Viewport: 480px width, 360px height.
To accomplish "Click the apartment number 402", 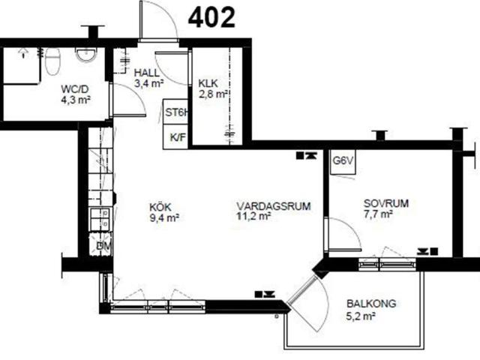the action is coord(211,18).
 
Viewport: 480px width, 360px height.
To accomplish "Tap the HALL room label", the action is coord(147,73).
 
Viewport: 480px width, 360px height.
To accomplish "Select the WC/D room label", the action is coord(75,89).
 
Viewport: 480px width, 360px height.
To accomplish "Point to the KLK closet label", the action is coord(208,83).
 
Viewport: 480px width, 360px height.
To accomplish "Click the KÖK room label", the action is coord(160,207).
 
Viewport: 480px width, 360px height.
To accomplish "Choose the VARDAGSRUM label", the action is coord(274,205).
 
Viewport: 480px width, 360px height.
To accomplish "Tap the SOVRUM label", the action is coord(386,203).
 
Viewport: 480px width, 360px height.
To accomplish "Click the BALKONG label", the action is coord(371,304).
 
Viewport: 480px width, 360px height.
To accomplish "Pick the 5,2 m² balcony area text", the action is coord(361,316).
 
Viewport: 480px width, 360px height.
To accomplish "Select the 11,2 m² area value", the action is coord(253,216).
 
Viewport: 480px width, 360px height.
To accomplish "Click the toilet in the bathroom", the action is coord(52,61).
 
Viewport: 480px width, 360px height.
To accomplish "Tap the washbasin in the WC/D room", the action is coord(85,55).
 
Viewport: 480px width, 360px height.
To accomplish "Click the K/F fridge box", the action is coord(175,136).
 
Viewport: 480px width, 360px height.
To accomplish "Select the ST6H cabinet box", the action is coord(175,112).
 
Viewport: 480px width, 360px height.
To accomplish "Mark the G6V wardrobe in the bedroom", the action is coord(343,162).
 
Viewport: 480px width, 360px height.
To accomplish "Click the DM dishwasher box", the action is coord(101,244).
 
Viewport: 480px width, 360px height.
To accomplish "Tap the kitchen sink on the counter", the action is coord(99,219).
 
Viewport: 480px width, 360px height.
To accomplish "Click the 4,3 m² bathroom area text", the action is coord(76,100).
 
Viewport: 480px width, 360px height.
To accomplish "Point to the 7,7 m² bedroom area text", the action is coord(378,214).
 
